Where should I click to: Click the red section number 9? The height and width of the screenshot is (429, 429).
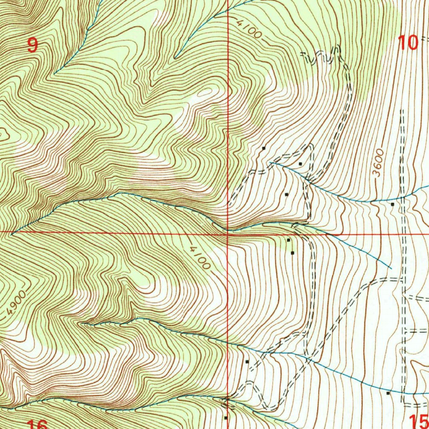[x=32, y=45]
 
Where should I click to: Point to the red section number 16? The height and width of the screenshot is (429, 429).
[x=37, y=424]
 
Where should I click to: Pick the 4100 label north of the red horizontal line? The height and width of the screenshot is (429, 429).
[x=248, y=30]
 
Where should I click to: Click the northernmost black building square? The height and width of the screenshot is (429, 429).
[x=264, y=148]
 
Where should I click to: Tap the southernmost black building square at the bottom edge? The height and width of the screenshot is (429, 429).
[x=225, y=418]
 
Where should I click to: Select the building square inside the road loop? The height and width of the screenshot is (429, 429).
[x=300, y=163]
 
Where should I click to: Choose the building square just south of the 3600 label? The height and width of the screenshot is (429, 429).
[x=392, y=204]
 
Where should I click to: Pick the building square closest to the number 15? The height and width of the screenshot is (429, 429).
[x=388, y=393]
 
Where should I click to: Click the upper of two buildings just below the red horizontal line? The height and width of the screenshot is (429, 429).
[x=288, y=240]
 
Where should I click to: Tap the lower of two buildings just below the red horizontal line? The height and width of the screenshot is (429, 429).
[x=292, y=253]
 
